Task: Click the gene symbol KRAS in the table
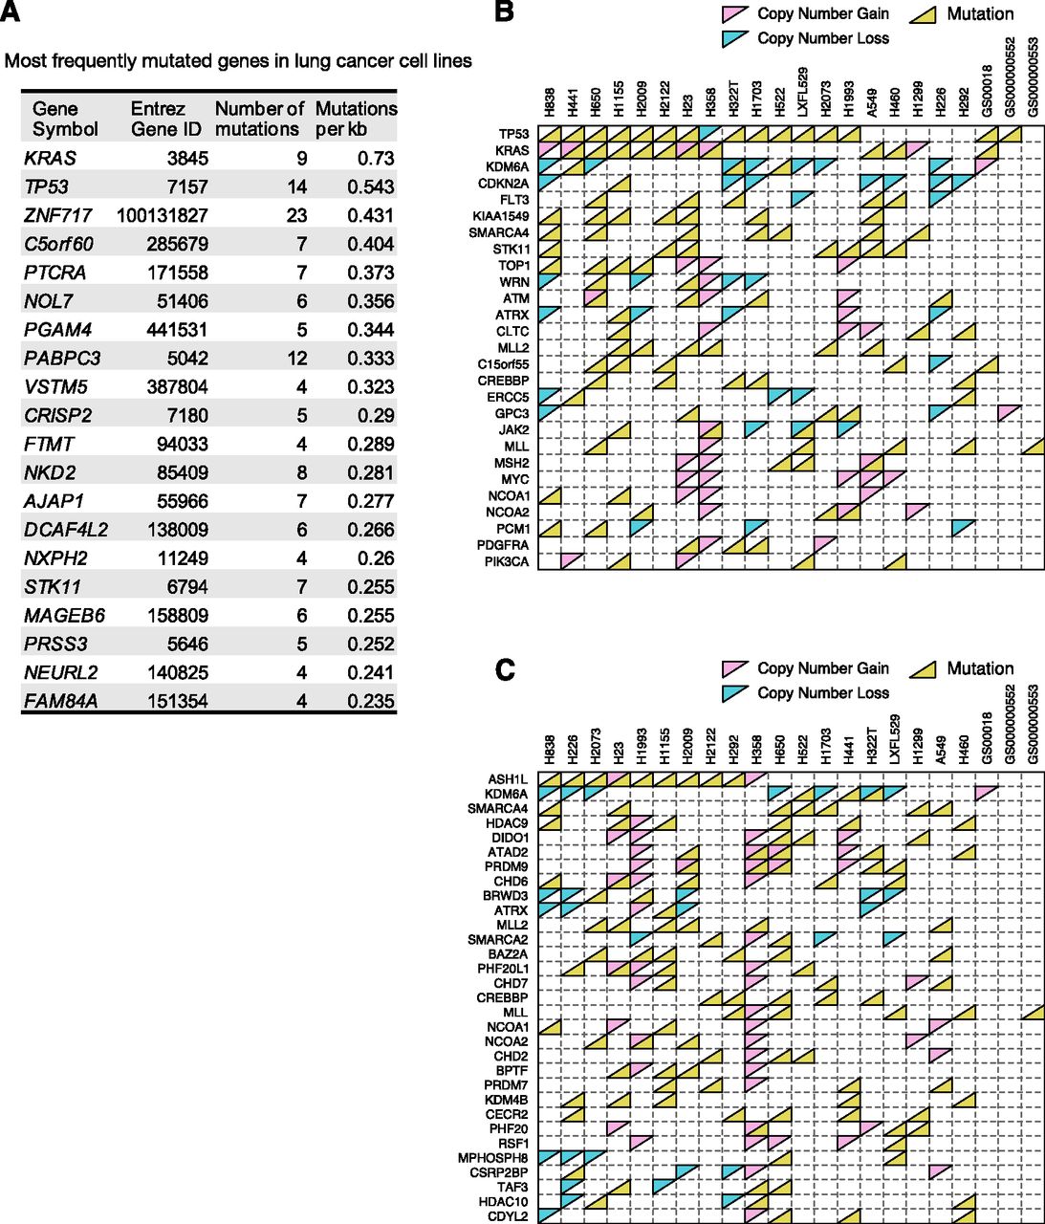pyautogui.click(x=50, y=158)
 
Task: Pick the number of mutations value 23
pyautogui.click(x=295, y=215)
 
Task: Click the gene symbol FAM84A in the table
pyautogui.click(x=61, y=701)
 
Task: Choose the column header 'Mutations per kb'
pyautogui.click(x=356, y=119)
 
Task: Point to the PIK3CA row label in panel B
pyautogui.click(x=506, y=561)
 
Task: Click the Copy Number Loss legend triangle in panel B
pyautogui.click(x=734, y=39)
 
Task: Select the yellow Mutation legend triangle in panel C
pyautogui.click(x=923, y=669)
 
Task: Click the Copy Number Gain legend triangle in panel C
pyautogui.click(x=734, y=669)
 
